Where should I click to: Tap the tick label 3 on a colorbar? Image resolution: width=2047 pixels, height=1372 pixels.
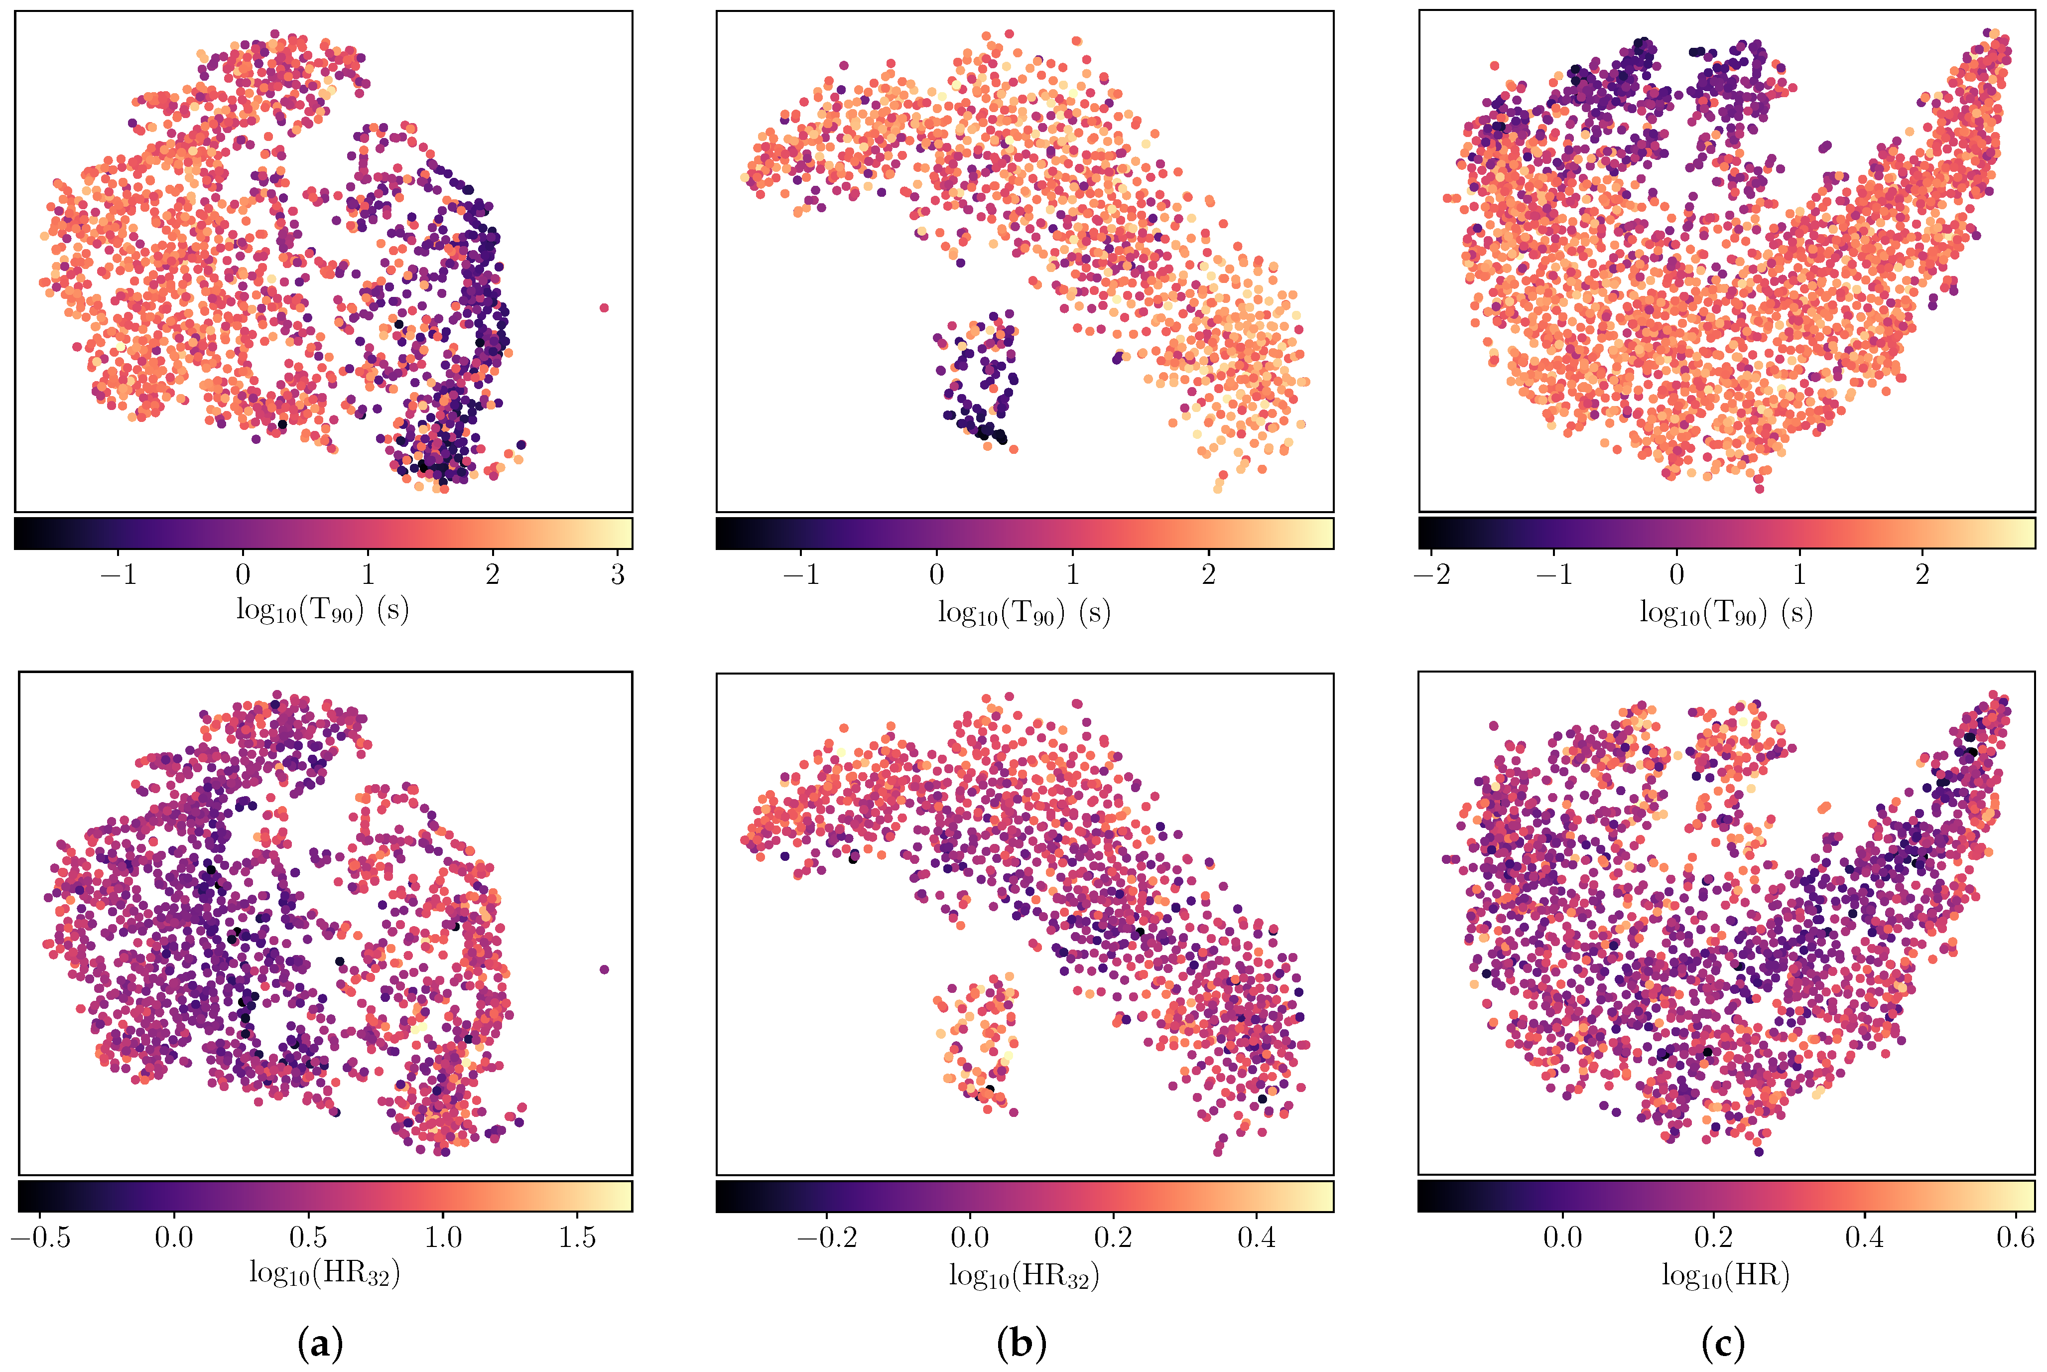tap(618, 575)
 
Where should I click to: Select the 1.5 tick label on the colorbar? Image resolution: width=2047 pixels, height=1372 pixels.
tap(577, 1237)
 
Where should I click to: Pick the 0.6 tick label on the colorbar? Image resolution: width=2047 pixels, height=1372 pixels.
tap(2016, 1237)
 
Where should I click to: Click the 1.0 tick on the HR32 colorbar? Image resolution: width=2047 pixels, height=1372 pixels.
tap(443, 1237)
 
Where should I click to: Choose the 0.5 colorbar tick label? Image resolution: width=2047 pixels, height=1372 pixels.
tap(308, 1237)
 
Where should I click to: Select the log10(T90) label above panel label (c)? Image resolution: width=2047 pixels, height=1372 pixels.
tap(1725, 612)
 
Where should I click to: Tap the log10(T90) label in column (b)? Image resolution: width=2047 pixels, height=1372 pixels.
tap(1023, 612)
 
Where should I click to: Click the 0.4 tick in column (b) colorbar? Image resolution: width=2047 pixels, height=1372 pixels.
tap(1256, 1237)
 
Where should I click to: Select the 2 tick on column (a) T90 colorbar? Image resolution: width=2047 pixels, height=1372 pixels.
tap(493, 575)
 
